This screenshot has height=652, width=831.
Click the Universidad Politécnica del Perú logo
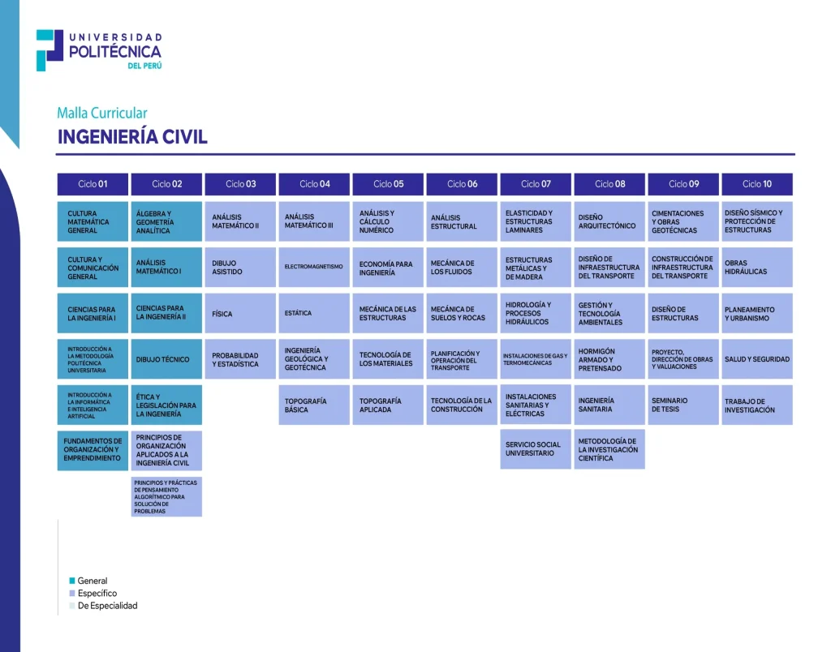point(99,50)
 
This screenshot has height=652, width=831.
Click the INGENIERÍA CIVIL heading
point(132,137)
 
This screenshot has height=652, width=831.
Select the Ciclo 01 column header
point(93,184)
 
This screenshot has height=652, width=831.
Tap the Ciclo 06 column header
point(462,184)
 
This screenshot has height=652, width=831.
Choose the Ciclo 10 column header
point(757,184)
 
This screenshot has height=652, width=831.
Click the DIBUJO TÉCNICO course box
point(166,359)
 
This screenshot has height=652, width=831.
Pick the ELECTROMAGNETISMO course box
point(314,267)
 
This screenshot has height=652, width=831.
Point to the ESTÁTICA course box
point(314,313)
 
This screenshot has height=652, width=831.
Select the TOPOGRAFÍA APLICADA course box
point(388,405)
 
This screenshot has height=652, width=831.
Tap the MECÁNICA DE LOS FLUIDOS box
point(462,267)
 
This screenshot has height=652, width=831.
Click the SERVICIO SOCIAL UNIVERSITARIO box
point(536,449)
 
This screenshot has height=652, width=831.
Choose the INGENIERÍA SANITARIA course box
point(609,405)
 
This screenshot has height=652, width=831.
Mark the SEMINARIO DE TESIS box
point(683,405)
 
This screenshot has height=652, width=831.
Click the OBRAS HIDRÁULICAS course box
point(757,267)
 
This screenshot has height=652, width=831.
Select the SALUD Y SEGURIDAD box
point(757,359)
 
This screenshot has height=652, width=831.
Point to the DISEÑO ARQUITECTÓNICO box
point(609,221)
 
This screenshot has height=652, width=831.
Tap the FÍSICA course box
point(240,313)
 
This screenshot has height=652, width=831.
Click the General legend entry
point(92,581)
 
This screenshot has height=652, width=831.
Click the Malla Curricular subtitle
point(102,114)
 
